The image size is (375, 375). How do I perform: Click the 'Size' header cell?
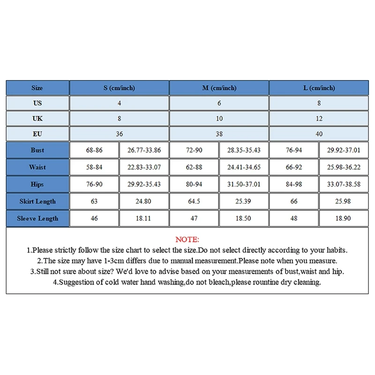coord(37,88)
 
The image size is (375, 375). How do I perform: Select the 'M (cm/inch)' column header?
coord(219,88)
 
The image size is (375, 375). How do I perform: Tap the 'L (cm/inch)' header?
coord(319,88)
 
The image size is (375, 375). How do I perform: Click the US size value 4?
coord(119,103)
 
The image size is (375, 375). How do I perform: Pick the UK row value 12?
coord(319,119)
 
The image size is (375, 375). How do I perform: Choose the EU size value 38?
coord(219,134)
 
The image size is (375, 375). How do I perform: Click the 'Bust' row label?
coord(37,150)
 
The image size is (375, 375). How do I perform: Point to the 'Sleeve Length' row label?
coord(37,218)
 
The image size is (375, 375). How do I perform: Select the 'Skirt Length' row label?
coord(37,201)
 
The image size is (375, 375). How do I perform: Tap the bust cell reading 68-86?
coord(94,150)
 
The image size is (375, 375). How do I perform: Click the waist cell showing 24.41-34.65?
coord(244,167)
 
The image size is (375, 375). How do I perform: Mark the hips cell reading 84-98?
coord(294,184)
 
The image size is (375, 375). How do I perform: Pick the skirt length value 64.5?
coord(194,201)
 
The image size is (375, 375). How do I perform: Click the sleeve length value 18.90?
coord(344,218)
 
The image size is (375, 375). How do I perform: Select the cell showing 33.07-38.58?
coord(344,184)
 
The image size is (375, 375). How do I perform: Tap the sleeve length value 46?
coord(94,218)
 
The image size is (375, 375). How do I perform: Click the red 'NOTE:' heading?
coord(187,240)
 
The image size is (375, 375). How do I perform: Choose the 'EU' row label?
coord(37,134)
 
